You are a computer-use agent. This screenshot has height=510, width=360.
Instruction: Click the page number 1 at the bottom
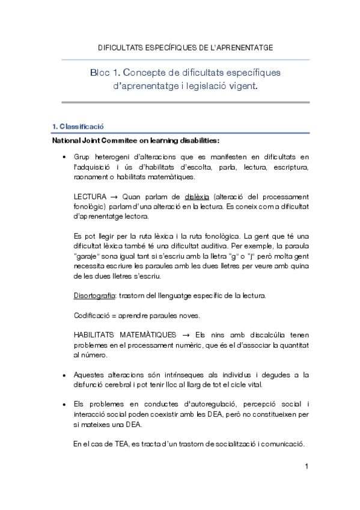pyautogui.click(x=306, y=467)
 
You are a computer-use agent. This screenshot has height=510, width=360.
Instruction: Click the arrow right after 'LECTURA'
pyautogui.click(x=113, y=197)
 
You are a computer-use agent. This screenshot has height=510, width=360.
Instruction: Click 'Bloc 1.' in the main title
pyautogui.click(x=104, y=73)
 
